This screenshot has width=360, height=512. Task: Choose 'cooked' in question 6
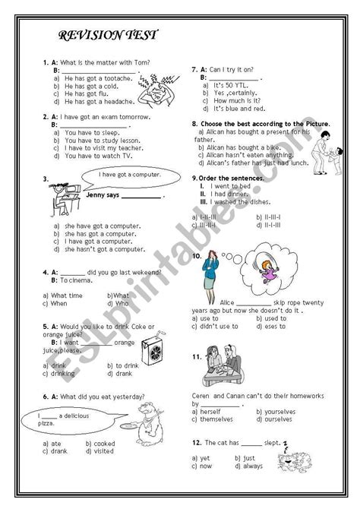click(102, 442)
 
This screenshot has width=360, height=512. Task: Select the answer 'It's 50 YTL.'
click(232, 84)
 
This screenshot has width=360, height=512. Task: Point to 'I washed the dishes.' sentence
click(239, 202)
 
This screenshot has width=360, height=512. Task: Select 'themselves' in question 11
click(221, 419)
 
